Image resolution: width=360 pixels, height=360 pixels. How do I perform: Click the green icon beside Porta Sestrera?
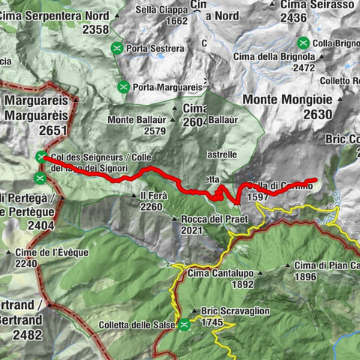(x=117, y=49)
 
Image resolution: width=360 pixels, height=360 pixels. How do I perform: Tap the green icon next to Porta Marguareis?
(x=122, y=87)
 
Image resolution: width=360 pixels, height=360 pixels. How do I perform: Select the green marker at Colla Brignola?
(x=303, y=42)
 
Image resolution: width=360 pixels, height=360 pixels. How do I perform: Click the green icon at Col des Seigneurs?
(x=40, y=156)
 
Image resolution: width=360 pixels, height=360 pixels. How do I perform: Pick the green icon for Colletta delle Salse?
(x=184, y=325)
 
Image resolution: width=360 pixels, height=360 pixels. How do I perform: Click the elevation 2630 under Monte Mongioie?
(x=317, y=114)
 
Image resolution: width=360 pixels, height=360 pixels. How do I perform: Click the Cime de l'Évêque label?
(x=52, y=252)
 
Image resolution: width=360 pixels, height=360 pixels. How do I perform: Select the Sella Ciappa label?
(x=161, y=10)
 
